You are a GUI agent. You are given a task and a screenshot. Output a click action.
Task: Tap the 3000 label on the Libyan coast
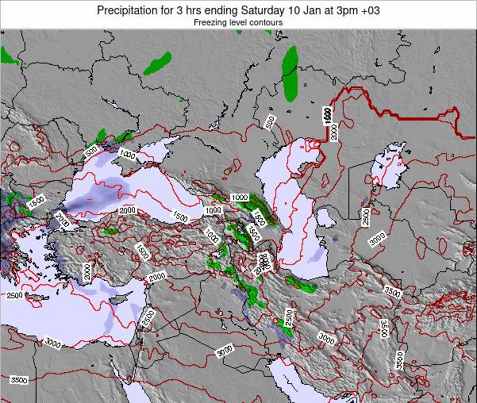point(52,343)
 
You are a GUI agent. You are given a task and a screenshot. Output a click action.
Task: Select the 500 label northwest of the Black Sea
point(91,149)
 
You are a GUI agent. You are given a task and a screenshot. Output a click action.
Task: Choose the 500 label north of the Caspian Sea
point(271,121)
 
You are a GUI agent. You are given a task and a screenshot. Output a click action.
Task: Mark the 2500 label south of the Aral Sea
point(366,216)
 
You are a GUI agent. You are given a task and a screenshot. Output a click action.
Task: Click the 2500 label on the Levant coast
point(148,318)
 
